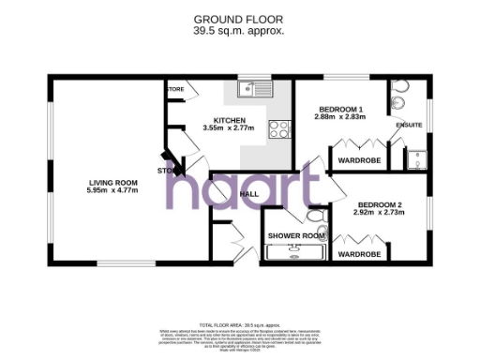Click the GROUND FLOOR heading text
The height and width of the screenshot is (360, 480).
coord(239,19)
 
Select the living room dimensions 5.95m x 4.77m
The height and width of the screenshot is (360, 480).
coord(112,190)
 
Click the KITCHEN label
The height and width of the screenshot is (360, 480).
coord(230,121)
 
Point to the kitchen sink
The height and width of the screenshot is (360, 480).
coord(247,90)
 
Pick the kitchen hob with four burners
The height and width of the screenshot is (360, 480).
coord(277,128)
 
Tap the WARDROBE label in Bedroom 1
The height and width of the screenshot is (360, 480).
coord(358,160)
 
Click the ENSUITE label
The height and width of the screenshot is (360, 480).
coord(410,125)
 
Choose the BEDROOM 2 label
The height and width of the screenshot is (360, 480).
coord(380,204)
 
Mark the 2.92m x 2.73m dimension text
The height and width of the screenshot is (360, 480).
coord(380,213)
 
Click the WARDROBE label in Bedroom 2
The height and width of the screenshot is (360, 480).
coord(358,254)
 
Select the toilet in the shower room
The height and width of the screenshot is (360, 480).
coord(320,229)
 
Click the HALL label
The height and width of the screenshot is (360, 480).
coord(249,194)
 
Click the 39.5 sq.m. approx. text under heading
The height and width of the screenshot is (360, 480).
coord(239,30)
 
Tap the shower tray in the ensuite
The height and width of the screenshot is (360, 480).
coord(413,158)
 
